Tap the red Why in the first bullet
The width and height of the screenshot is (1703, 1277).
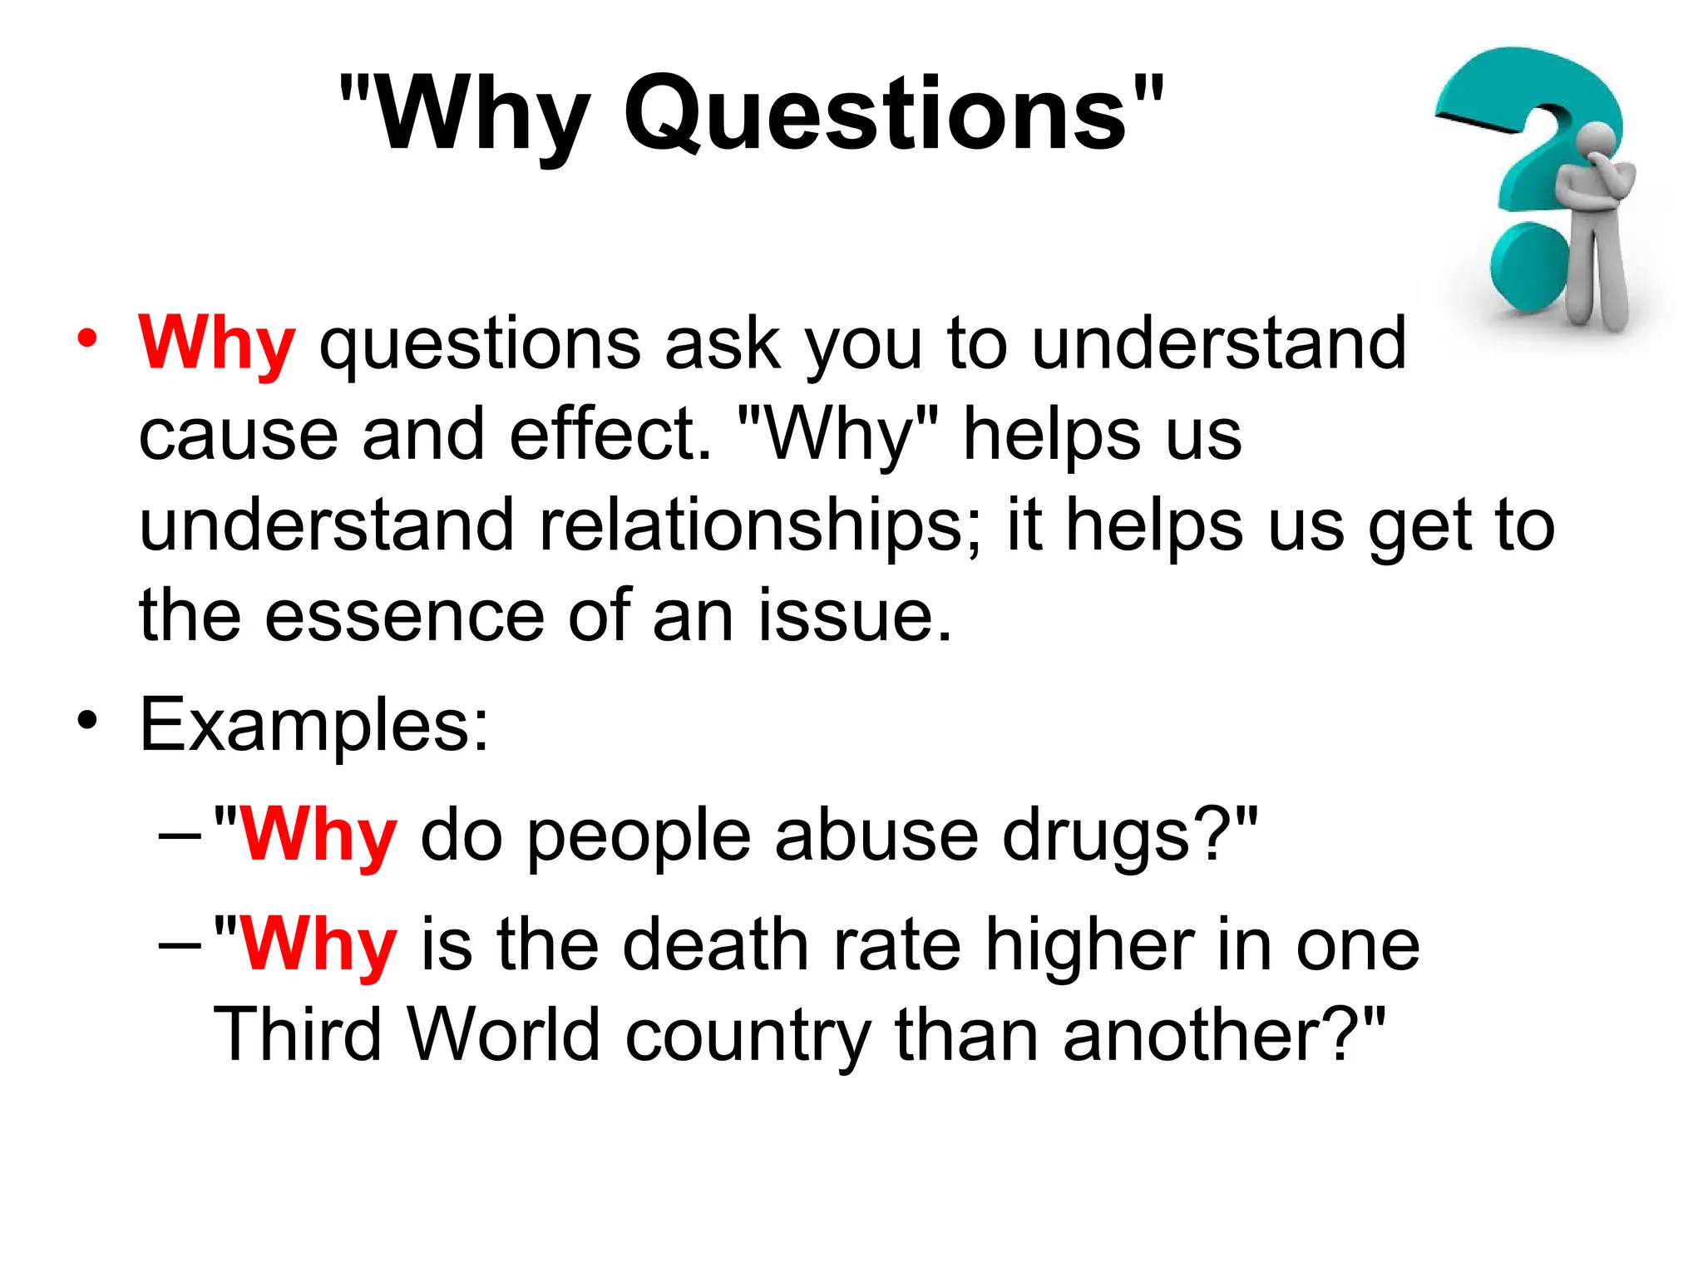point(217,343)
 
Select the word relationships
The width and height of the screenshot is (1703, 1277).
point(759,526)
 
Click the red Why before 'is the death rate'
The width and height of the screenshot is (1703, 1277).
point(318,944)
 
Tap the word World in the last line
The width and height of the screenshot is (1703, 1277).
point(504,1034)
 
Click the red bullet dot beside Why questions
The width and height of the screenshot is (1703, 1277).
point(86,339)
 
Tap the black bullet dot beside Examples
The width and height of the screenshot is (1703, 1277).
point(86,720)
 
